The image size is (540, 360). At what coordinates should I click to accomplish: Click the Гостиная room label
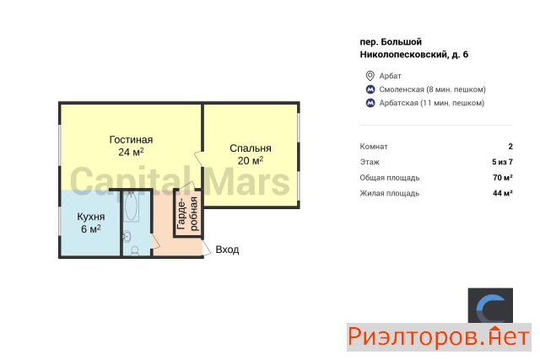(x=131, y=140)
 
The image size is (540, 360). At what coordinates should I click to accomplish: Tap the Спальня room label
(x=251, y=148)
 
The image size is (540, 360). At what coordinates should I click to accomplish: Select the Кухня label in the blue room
(x=91, y=217)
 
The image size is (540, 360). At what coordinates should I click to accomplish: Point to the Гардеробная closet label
(x=187, y=213)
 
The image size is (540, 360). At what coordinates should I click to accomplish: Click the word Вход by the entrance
(x=227, y=250)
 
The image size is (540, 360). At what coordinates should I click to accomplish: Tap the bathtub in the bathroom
(x=132, y=207)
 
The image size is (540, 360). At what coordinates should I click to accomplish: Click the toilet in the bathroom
(x=135, y=250)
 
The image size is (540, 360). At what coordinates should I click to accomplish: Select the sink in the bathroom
(x=127, y=236)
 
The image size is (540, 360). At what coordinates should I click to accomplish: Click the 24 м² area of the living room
(x=131, y=152)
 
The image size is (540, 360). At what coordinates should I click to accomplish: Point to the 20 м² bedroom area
(x=251, y=160)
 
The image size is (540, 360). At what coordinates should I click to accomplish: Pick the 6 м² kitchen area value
(x=91, y=228)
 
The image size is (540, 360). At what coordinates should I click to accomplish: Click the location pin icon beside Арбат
(x=370, y=76)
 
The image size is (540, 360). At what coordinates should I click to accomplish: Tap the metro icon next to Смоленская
(x=370, y=89)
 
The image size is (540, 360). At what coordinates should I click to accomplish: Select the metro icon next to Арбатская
(x=370, y=103)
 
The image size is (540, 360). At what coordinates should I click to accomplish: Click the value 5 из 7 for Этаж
(x=503, y=162)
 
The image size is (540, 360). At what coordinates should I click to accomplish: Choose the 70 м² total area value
(x=503, y=178)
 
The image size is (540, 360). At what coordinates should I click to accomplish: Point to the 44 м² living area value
(x=503, y=193)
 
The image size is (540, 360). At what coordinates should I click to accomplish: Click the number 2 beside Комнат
(x=510, y=146)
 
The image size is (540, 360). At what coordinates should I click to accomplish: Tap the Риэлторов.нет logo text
(x=439, y=337)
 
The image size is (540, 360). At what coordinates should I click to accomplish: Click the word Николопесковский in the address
(x=403, y=55)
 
